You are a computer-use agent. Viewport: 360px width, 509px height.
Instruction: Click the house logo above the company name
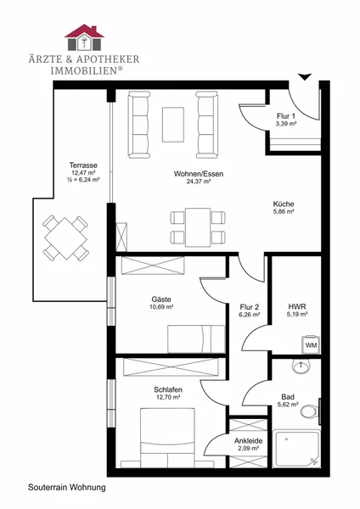84,37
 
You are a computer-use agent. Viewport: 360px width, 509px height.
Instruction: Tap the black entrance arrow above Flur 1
305,77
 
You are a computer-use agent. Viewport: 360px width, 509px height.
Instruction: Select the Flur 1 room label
286,116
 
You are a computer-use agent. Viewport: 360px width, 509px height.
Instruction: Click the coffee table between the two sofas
173,125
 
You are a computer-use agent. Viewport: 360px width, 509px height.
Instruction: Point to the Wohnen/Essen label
199,174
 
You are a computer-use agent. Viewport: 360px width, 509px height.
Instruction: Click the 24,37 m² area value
199,182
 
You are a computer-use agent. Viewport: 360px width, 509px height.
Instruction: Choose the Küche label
284,204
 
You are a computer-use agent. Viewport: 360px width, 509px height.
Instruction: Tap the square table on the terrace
66,238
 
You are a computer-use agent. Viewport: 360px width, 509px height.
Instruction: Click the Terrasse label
83,165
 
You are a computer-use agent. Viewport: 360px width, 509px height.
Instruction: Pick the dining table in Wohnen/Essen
198,227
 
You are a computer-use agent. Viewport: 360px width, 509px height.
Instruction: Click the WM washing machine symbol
311,344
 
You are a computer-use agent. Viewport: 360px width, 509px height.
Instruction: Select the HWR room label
297,306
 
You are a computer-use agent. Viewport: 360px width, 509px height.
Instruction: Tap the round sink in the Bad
301,366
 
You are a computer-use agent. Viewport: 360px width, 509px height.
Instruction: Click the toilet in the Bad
311,411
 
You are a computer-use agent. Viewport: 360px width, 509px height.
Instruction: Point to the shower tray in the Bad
296,449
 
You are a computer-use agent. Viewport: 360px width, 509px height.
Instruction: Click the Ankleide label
248,441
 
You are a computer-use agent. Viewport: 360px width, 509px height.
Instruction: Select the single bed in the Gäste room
196,338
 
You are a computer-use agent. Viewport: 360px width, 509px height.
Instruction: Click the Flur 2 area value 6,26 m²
250,315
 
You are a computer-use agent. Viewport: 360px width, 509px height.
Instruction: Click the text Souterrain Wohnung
67,487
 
